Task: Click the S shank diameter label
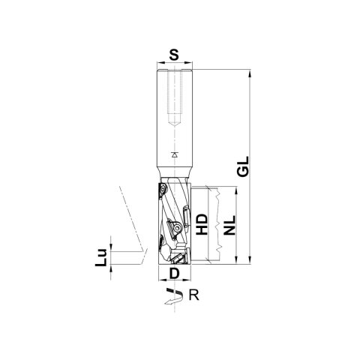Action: coord(174,55)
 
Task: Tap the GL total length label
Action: coord(243,166)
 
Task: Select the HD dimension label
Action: coord(202,224)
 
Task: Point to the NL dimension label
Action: coord(229,225)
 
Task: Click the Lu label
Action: coord(101,257)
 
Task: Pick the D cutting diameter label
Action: coord(175,274)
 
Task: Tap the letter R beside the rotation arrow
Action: coord(193,295)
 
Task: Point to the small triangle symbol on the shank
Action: coord(174,154)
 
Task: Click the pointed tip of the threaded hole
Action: coord(174,127)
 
